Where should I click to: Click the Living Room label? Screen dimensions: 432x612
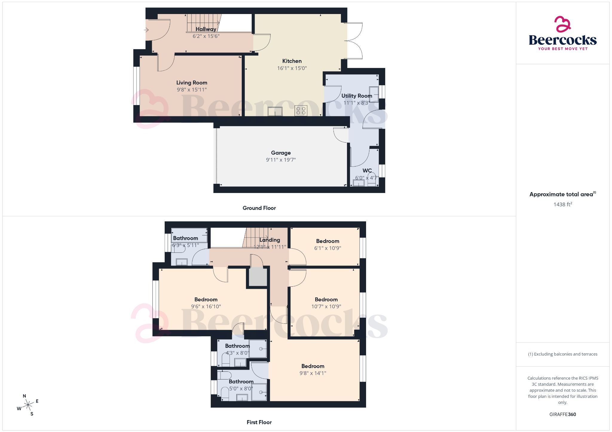pos(192,83)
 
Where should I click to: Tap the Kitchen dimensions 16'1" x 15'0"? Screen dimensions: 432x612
pos(292,68)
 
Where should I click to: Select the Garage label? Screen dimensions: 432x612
pos(281,153)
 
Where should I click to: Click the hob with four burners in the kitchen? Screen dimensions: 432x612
pos(301,111)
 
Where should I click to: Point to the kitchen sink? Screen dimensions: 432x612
pos(275,111)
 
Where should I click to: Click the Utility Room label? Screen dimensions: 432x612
pos(357,96)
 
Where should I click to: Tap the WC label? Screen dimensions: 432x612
pos(367,171)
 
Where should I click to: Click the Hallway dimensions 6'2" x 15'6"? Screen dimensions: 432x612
pos(206,36)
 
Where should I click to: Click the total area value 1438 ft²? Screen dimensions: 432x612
pos(562,204)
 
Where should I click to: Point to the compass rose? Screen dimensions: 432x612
pos(28,405)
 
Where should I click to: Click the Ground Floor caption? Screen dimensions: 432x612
pos(259,208)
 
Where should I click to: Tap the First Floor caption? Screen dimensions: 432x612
pos(259,422)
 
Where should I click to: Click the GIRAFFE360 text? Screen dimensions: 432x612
pos(562,414)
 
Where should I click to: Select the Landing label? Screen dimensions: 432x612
pos(270,240)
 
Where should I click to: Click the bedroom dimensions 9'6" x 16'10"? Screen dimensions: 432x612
pos(206,306)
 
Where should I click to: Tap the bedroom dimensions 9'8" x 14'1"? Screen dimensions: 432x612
pos(313,373)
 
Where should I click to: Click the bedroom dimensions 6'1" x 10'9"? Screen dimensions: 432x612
pos(328,248)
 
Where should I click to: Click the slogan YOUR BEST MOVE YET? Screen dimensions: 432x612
pos(563,49)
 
